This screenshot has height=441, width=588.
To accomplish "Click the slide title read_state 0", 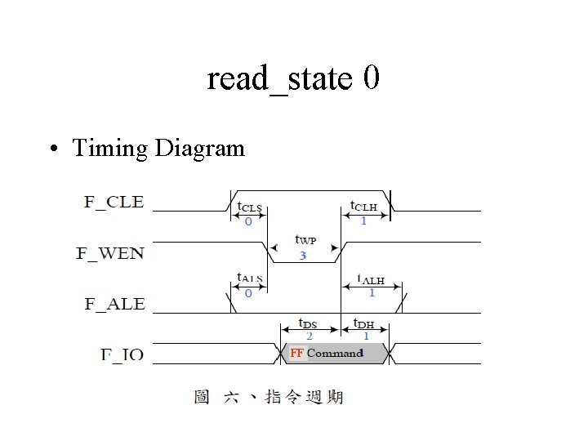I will point(293,78).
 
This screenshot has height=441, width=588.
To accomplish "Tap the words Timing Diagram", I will point(158,148).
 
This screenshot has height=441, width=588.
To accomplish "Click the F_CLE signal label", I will point(114,202).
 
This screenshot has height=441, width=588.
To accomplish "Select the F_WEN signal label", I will point(110,253).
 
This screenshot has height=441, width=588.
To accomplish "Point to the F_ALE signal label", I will point(114,304).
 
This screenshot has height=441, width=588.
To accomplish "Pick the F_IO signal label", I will point(122,354).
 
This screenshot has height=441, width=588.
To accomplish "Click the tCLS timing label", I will point(249,207).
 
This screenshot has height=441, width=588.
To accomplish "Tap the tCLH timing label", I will point(363,206).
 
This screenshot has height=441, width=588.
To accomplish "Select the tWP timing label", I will point(305,241).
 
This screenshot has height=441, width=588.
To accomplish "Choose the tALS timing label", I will point(249,278).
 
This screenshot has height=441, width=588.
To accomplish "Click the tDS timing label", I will point(308,323).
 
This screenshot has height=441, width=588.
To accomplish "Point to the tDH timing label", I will point(364,323).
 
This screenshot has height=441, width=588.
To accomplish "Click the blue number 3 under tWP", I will point(303,255).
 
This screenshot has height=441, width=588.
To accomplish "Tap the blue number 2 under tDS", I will point(309,336).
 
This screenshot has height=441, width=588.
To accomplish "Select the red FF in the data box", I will point(296,353).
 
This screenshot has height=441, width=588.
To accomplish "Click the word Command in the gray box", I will point(335,353).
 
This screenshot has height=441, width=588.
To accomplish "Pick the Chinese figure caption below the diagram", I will point(269,398).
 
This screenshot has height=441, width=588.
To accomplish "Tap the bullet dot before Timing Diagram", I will point(52,149).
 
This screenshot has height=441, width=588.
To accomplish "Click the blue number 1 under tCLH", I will point(363,220).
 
